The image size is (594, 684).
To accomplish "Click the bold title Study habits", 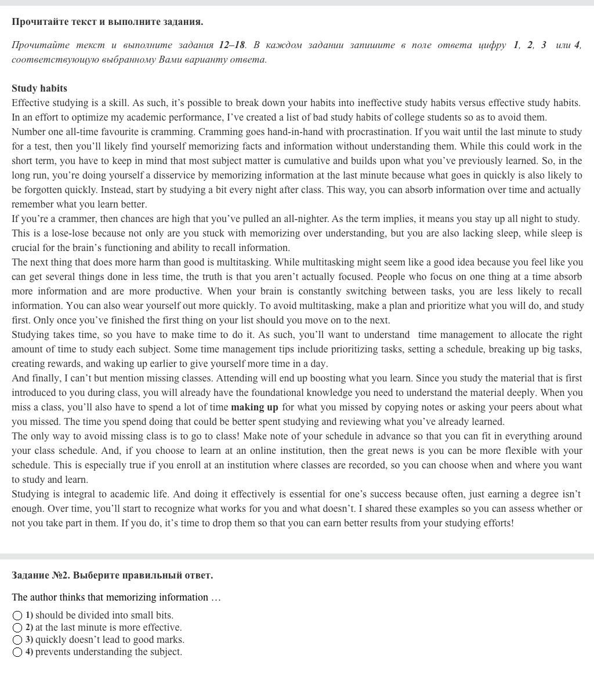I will click(x=39, y=89).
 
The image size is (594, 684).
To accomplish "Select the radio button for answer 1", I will click(x=17, y=616).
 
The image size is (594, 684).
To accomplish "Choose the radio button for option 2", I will click(x=17, y=628).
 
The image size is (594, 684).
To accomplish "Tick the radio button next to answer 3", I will click(x=17, y=640).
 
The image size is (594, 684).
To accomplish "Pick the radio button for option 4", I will click(x=17, y=652).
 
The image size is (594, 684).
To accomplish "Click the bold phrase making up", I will click(x=255, y=408).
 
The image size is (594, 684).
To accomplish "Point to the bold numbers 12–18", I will click(x=232, y=45).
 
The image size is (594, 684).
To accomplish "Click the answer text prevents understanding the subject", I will click(x=108, y=652).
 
